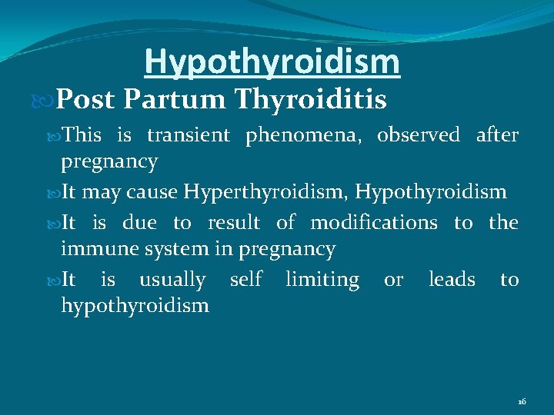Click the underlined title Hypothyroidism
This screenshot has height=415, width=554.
(x=272, y=62)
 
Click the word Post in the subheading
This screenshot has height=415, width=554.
(x=85, y=99)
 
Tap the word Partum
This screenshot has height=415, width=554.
(x=173, y=99)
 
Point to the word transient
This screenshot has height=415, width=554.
(x=188, y=135)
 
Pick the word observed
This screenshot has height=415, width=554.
(x=418, y=135)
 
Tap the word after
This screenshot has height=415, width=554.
(x=497, y=135)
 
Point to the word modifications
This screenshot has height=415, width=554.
(x=373, y=223)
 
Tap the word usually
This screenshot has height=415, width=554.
(x=172, y=280)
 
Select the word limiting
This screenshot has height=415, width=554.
(x=322, y=280)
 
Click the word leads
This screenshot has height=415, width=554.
(x=452, y=279)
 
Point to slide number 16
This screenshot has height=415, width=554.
(x=522, y=402)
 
